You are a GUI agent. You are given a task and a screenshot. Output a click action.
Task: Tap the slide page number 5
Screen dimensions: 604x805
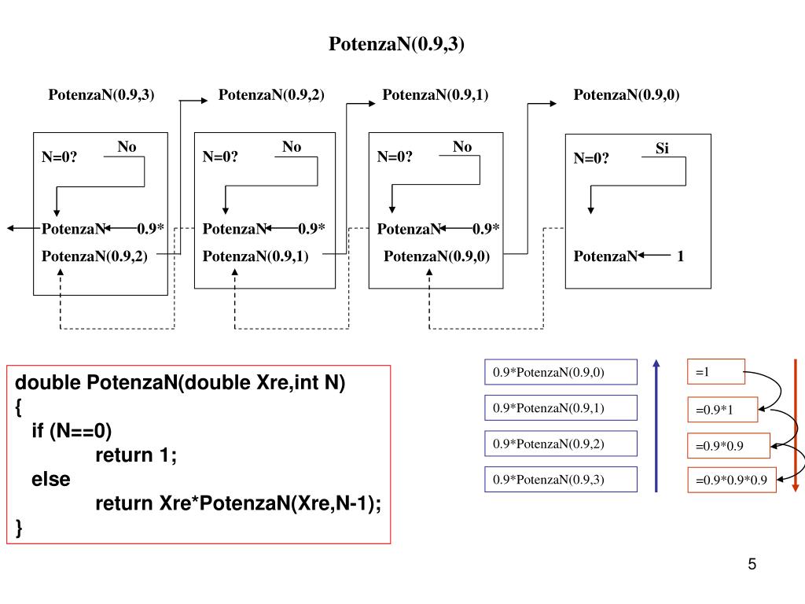(x=752, y=565)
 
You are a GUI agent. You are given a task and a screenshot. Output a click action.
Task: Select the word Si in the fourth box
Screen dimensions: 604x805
(x=662, y=148)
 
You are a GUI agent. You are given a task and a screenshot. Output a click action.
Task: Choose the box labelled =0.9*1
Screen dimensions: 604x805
(x=722, y=410)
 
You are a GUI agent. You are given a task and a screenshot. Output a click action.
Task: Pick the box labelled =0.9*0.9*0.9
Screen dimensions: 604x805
(x=732, y=479)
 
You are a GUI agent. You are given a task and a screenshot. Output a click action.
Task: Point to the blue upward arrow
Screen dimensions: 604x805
(x=656, y=425)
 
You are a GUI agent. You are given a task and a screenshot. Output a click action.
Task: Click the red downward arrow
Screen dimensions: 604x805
(x=796, y=425)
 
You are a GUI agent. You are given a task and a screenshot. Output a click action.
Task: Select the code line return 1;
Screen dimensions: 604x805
(x=136, y=455)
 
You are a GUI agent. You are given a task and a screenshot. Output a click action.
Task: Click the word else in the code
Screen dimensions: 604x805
(x=51, y=479)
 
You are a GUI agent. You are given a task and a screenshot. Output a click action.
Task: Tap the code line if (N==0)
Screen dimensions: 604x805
(x=72, y=431)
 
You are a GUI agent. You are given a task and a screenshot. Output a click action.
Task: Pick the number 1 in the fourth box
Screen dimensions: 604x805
(x=681, y=256)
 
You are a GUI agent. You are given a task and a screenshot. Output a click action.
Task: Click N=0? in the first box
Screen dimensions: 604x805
(x=60, y=157)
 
